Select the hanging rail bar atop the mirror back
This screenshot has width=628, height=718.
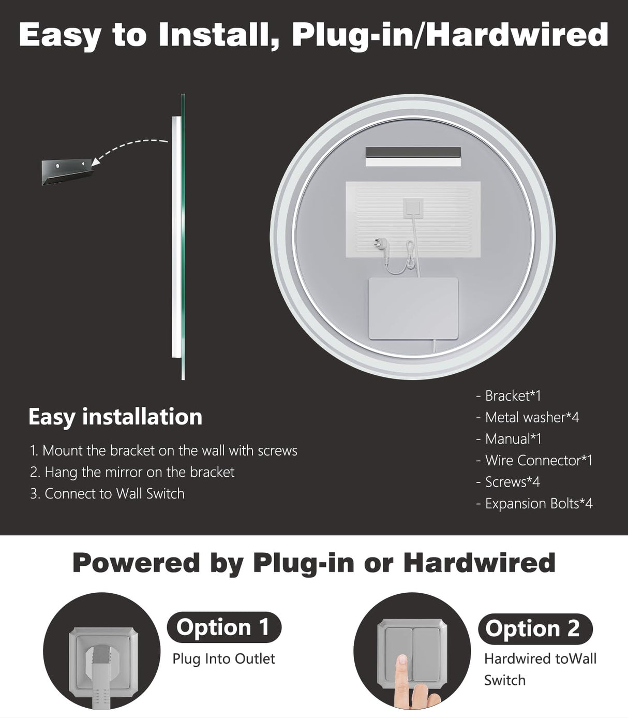point(412,156)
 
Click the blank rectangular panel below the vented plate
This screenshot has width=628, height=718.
point(413,309)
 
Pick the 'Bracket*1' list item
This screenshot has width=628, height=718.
point(509,395)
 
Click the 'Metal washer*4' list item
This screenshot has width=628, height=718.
point(528,417)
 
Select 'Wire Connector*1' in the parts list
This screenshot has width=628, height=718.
point(534,460)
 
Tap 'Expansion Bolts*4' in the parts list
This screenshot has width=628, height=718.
point(534,503)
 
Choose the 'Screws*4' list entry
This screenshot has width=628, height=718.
point(508,482)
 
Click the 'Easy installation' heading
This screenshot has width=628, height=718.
point(115,417)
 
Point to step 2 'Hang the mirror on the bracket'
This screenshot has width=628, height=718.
point(132,472)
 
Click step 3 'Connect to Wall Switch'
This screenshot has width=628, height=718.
point(108,493)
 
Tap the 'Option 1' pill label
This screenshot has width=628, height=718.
point(223,627)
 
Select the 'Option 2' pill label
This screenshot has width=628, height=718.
point(532,628)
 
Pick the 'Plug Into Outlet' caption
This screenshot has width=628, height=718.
point(223,658)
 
